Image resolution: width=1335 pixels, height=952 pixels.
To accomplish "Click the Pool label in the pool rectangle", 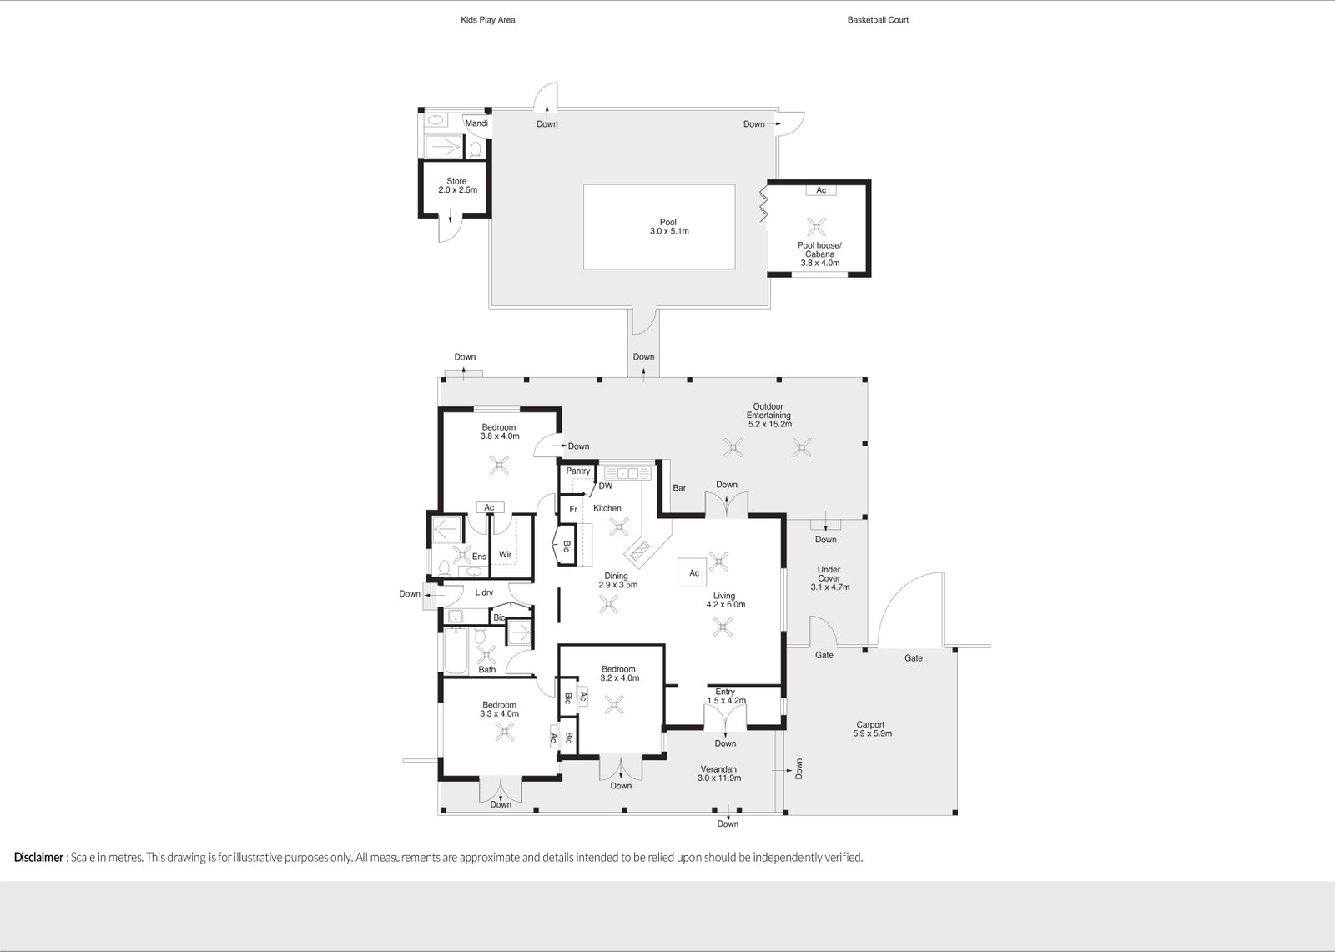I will pyautogui.click(x=668, y=227).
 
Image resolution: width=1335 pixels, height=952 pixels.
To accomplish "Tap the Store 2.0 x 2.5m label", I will pyautogui.click(x=456, y=185).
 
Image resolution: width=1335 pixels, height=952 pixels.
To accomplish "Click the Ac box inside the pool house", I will pyautogui.click(x=821, y=190).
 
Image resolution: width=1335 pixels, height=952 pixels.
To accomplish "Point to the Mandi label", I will pyautogui.click(x=476, y=123).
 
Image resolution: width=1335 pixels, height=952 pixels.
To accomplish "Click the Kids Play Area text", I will pyautogui.click(x=488, y=20).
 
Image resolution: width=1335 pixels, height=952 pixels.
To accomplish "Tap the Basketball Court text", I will pyautogui.click(x=878, y=20).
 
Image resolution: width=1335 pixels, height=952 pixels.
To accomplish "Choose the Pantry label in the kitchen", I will pyautogui.click(x=577, y=471).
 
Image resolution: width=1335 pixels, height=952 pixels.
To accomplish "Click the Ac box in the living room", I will pyautogui.click(x=694, y=573).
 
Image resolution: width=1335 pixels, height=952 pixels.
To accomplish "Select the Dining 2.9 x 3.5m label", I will pyautogui.click(x=617, y=581).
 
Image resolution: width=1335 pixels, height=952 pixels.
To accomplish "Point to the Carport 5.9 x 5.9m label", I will pyautogui.click(x=872, y=729).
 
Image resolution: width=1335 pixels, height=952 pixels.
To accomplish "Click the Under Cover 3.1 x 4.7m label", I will pyautogui.click(x=829, y=578).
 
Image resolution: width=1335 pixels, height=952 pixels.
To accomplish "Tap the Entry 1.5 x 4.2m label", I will pyautogui.click(x=725, y=696).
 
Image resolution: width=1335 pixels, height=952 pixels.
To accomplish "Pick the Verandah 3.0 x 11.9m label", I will pyautogui.click(x=719, y=773).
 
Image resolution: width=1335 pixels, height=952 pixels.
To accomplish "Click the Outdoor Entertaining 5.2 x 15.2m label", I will pyautogui.click(x=768, y=416).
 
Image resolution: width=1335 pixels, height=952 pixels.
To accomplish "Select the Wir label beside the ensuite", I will pyautogui.click(x=505, y=555).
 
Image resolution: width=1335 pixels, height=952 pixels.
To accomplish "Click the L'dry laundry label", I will pyautogui.click(x=484, y=593).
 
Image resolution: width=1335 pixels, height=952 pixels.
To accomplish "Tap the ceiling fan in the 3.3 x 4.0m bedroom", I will pyautogui.click(x=505, y=732).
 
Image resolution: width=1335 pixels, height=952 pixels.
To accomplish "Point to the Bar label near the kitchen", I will pyautogui.click(x=679, y=488).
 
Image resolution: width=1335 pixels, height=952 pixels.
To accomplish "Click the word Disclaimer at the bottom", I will pyautogui.click(x=38, y=857).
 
